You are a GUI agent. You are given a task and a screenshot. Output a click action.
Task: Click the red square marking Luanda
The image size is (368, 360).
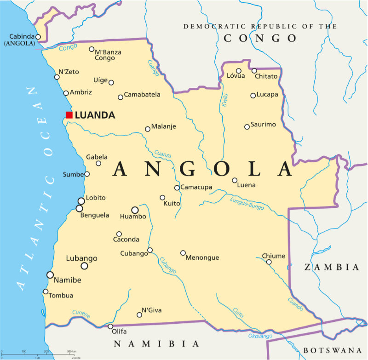click(x=69, y=115)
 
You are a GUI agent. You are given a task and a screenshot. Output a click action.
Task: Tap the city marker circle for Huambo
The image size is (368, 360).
click(x=135, y=210)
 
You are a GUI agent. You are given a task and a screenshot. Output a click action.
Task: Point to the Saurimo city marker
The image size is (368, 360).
click(x=247, y=126)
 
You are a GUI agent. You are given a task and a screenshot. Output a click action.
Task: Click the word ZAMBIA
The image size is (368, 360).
click(x=331, y=267)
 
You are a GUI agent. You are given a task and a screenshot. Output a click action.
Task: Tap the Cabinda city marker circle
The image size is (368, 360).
click(x=38, y=37)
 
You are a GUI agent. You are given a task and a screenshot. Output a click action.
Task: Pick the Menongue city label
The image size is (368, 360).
click(x=202, y=257)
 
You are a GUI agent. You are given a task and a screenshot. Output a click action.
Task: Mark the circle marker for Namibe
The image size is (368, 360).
click(x=50, y=275)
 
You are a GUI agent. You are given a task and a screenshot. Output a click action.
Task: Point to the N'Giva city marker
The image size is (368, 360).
click(x=139, y=315)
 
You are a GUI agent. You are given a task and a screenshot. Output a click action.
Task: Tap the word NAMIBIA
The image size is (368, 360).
click(x=156, y=344)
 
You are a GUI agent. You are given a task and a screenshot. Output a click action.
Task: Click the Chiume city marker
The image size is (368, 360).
click(x=269, y=262)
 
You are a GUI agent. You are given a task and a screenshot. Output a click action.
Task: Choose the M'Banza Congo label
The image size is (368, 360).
click(x=108, y=55)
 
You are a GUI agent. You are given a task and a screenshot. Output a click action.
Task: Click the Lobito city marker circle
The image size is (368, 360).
click(x=81, y=201)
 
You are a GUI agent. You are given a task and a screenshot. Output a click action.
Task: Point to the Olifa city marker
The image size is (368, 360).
click(x=110, y=326)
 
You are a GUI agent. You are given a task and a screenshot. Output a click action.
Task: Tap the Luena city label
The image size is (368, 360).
click(x=246, y=185)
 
